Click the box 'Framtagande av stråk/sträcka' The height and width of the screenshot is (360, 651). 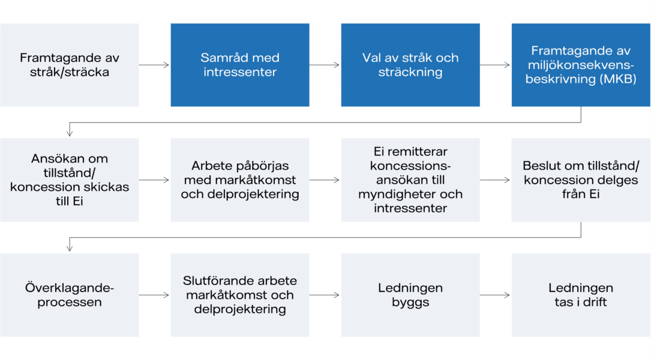70,65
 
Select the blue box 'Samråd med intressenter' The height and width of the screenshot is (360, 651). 240,65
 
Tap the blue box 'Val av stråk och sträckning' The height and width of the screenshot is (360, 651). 410,65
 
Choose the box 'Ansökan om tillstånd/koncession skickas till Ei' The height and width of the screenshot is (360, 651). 70,180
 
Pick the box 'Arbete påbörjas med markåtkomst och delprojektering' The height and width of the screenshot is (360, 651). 240,180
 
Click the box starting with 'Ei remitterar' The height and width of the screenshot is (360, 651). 410,180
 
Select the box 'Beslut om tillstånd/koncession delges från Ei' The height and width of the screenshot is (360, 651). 581,180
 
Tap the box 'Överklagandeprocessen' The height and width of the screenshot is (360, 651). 70,295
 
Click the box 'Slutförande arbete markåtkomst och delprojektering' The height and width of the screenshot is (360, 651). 240,295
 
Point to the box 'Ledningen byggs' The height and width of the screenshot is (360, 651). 410,295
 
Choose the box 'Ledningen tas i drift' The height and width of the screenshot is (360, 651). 581,295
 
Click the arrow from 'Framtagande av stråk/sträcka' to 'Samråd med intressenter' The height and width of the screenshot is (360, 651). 154,65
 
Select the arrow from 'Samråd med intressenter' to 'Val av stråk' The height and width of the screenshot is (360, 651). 325,65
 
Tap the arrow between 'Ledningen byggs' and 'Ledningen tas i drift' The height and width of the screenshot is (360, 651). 495,295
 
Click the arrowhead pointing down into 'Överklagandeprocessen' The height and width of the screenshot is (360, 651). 70,248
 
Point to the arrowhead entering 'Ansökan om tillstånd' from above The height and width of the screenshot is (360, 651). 70,133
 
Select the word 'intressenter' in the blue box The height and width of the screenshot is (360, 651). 240,72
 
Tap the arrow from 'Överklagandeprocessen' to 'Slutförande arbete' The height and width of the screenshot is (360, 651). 154,295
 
